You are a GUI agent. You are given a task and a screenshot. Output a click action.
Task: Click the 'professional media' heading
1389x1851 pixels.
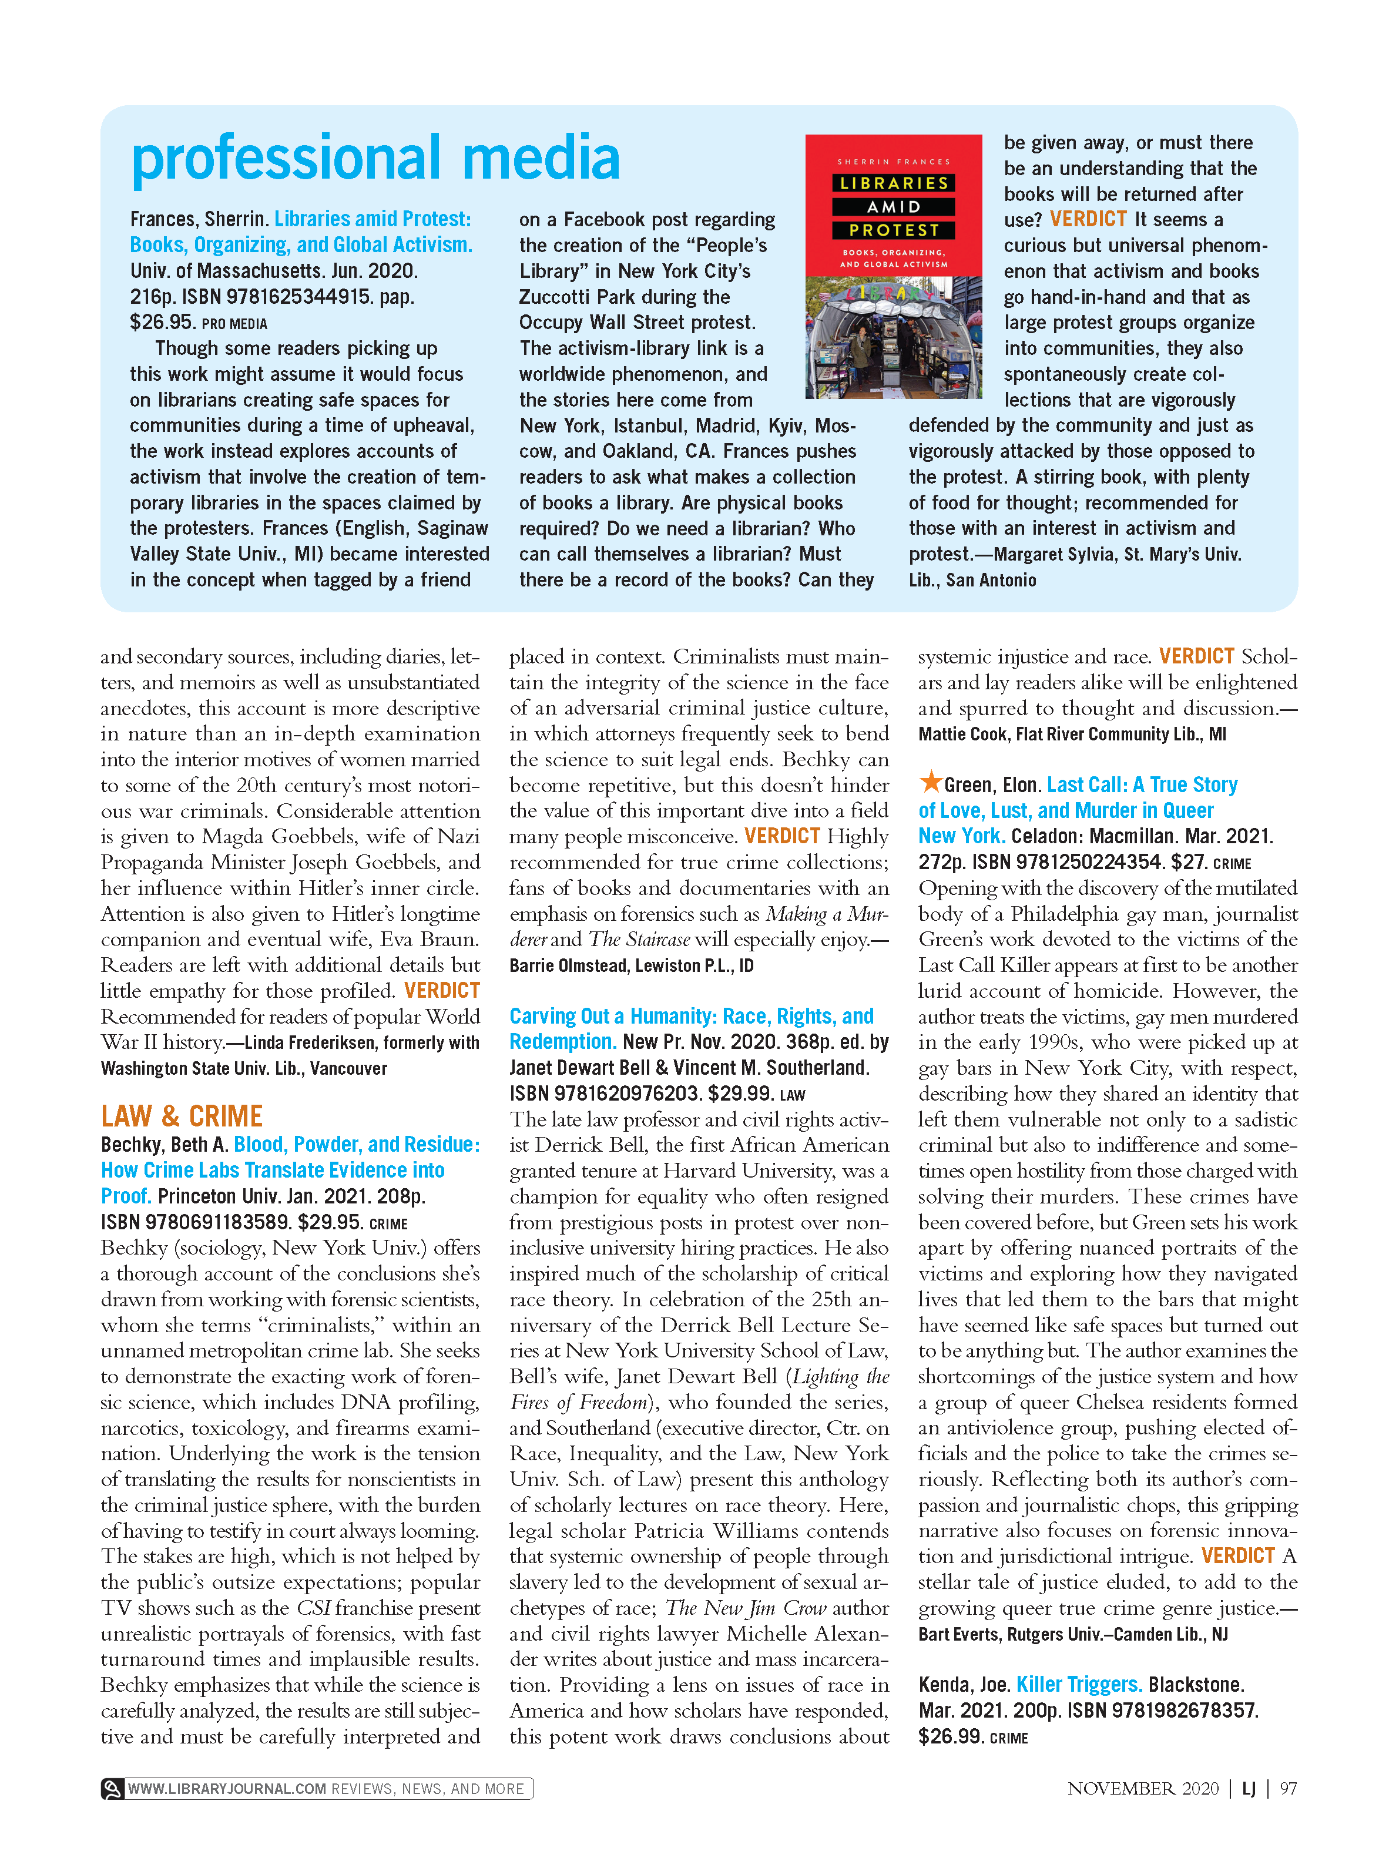click(375, 158)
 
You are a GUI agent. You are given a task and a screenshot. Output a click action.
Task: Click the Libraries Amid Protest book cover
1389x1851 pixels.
click(893, 266)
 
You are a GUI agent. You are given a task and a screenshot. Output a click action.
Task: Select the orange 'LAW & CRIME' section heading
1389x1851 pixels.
click(182, 1116)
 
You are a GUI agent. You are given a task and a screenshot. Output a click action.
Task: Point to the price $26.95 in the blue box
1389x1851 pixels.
click(162, 322)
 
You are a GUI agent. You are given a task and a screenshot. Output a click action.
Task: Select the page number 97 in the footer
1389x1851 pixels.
click(1289, 1788)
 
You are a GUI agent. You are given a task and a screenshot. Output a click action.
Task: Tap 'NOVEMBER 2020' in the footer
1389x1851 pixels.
click(1143, 1788)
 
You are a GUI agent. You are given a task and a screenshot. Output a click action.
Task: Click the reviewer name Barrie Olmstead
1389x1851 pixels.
click(568, 965)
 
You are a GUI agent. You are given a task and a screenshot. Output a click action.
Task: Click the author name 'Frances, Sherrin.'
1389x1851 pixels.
click(199, 219)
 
